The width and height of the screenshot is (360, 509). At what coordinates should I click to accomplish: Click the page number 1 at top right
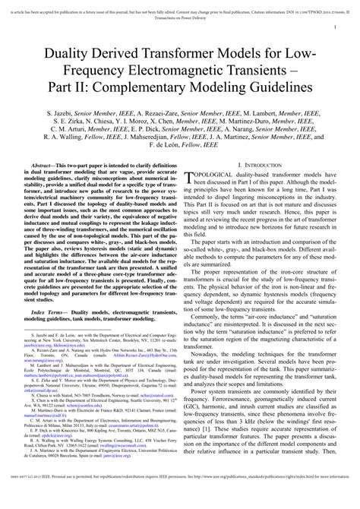(335, 28)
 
